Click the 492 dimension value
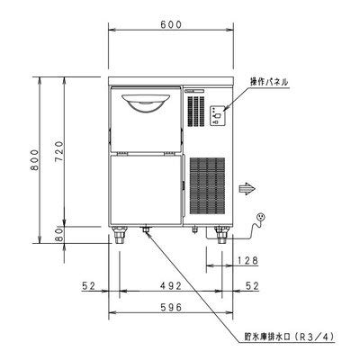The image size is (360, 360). tap(170, 287)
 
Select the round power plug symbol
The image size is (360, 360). tap(262, 217)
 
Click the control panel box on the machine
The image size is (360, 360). tap(218, 114)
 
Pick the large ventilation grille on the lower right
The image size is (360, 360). tap(207, 189)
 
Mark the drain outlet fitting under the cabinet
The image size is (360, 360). tap(146, 232)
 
